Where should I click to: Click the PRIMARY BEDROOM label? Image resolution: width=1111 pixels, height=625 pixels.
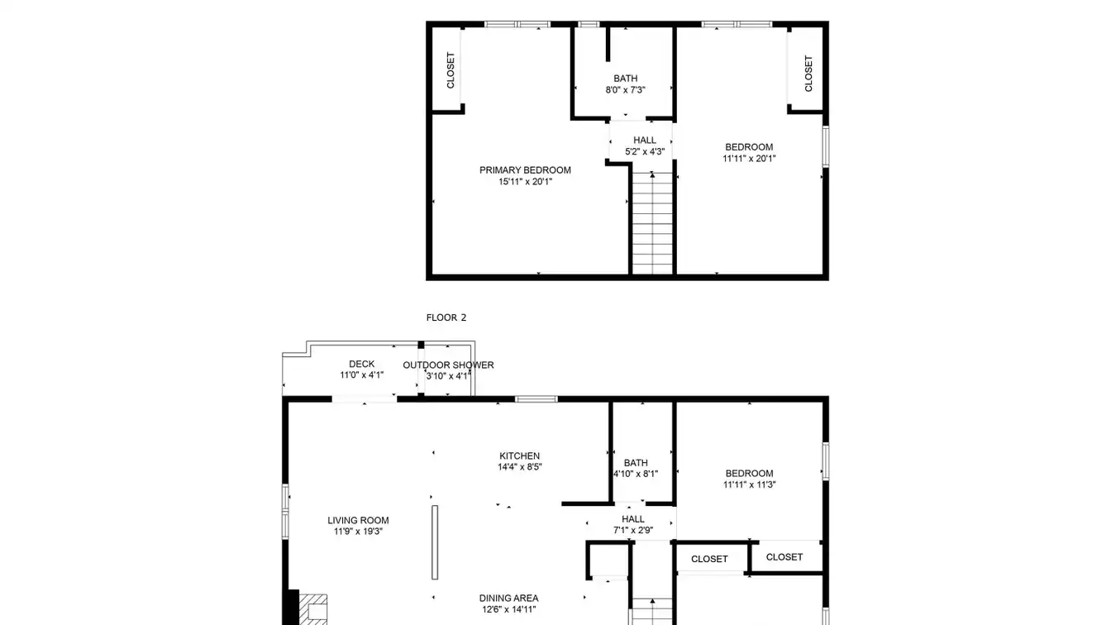525,170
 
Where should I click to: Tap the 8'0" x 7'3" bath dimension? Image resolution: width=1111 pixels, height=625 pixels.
625,90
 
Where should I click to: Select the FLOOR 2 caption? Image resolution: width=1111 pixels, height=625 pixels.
446,317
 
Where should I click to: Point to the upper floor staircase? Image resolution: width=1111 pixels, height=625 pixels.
652,223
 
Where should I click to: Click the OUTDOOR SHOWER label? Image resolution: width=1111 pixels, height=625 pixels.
448,365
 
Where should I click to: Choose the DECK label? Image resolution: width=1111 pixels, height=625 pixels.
361,364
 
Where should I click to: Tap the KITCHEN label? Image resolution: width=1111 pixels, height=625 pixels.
519,456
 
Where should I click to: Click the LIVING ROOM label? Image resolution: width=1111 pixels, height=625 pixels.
358,520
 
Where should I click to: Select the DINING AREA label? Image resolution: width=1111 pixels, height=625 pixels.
508,599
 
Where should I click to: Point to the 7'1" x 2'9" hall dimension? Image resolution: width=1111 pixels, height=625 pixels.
633,530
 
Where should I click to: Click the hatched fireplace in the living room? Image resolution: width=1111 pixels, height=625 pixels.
313,609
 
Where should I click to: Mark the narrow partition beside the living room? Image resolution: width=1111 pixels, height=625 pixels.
435,542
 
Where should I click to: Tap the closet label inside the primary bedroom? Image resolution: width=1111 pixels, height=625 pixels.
451,70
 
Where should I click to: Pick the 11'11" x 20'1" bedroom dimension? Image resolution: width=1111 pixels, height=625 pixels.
749,159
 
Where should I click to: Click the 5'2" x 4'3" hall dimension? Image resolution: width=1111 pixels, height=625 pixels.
644,152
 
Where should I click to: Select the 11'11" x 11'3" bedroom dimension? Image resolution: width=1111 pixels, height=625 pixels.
749,485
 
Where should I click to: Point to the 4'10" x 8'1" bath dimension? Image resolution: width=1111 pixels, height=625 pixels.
636,474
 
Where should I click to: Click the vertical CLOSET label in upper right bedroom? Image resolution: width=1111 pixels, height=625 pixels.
808,74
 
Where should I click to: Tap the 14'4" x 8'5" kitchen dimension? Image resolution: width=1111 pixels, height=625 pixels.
519,467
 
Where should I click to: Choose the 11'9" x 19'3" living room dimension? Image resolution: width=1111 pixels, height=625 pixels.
358,532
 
